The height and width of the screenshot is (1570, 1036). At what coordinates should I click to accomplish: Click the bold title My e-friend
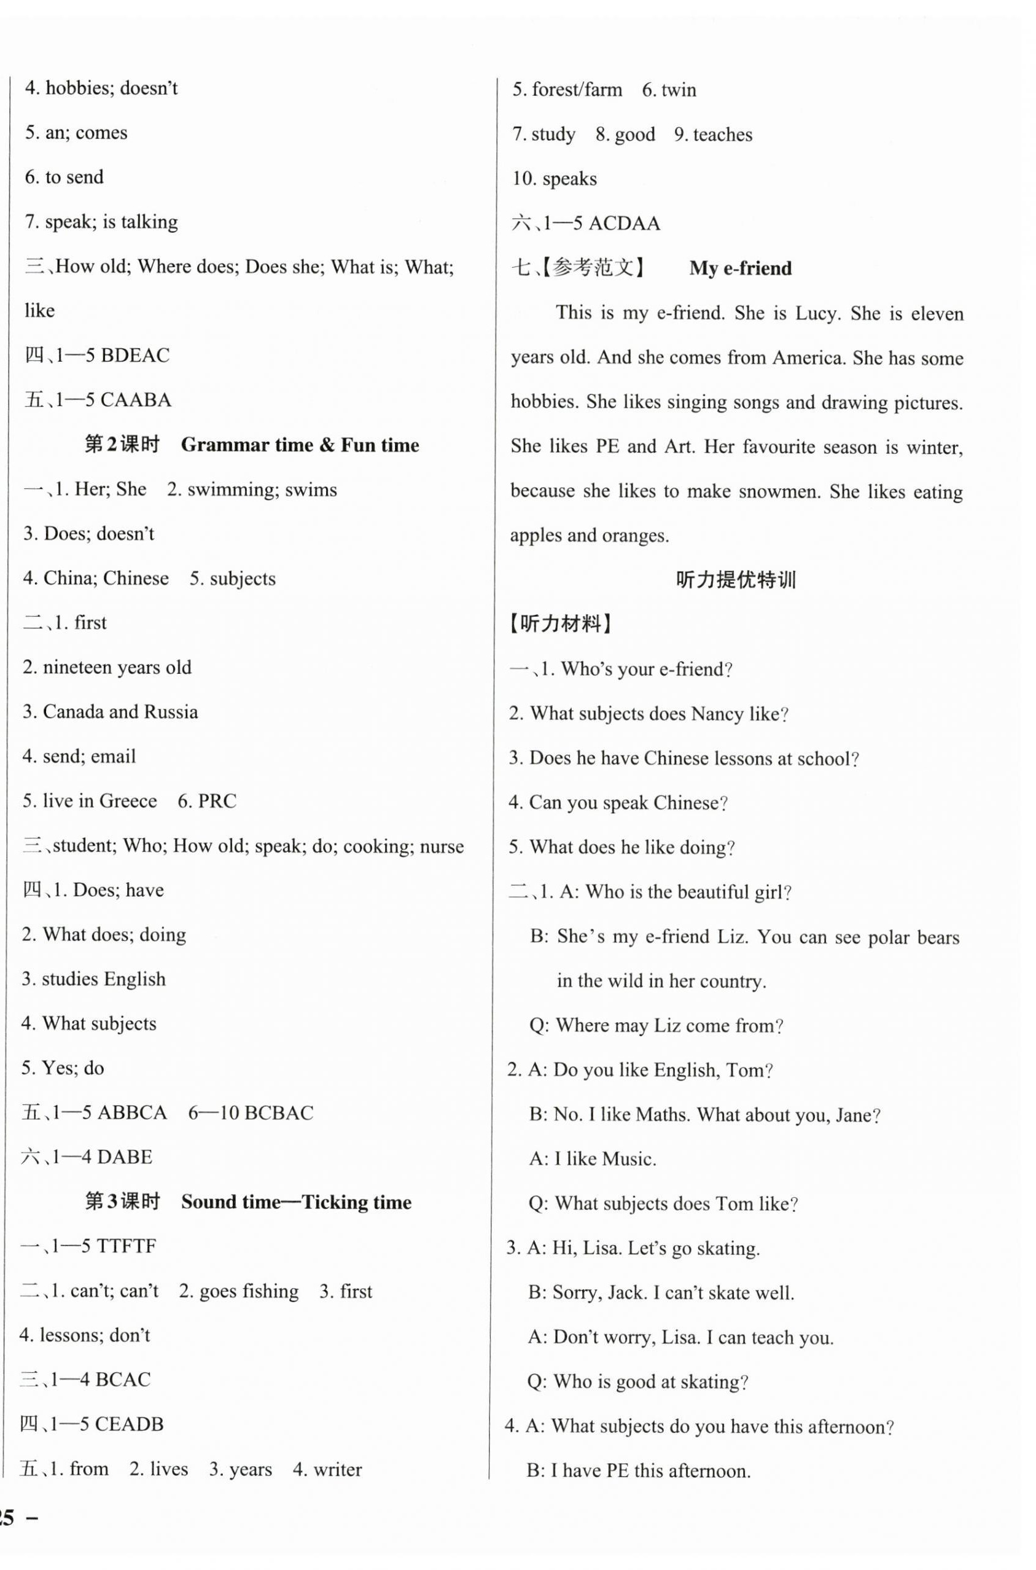click(x=740, y=268)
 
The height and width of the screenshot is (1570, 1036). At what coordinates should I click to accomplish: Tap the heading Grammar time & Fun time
click(x=300, y=445)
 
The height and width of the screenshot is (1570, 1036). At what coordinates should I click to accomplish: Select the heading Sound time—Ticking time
click(x=296, y=1201)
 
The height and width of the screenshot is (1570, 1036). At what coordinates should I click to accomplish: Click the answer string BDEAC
click(x=134, y=356)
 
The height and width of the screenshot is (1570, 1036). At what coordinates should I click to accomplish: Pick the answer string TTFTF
click(x=126, y=1246)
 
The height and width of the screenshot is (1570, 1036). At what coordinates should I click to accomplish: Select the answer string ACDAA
click(x=624, y=224)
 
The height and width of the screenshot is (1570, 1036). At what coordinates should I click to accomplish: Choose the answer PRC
click(x=217, y=801)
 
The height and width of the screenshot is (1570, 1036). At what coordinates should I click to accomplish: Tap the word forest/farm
click(x=577, y=89)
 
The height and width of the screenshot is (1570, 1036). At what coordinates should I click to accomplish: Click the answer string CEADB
click(x=129, y=1424)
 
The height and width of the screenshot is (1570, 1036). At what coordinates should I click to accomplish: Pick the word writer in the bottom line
click(x=338, y=1469)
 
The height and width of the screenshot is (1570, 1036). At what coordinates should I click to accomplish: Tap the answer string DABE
click(x=124, y=1157)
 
